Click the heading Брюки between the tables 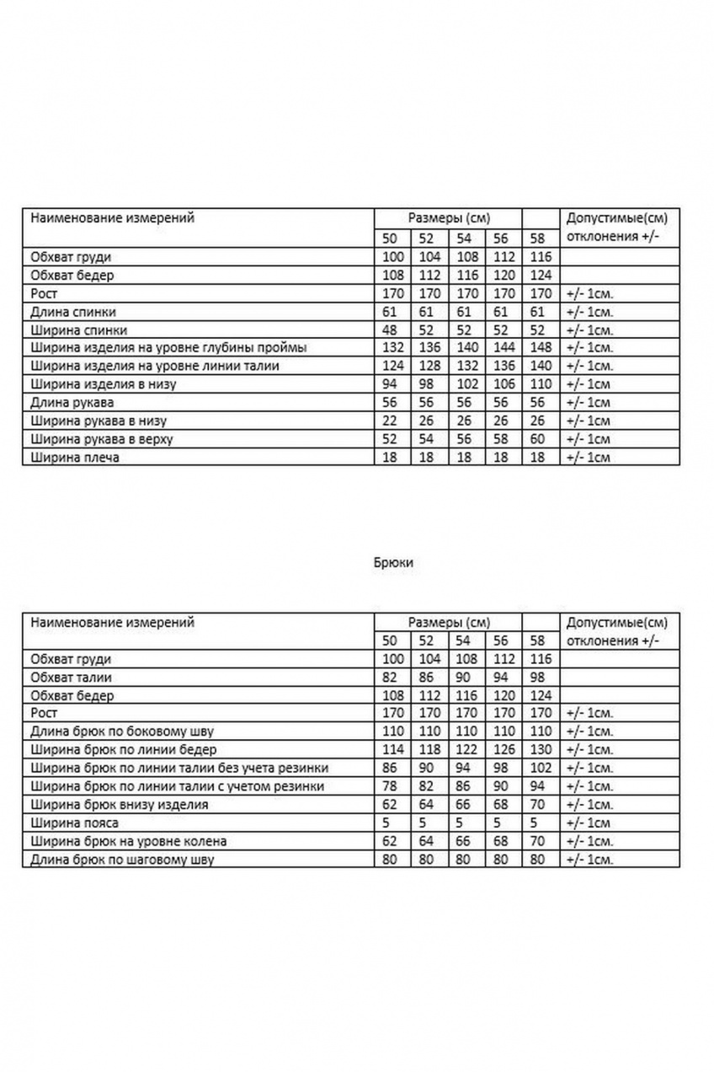click(392, 562)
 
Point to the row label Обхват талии click(71, 677)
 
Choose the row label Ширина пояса click(74, 823)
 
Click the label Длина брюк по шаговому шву click(121, 860)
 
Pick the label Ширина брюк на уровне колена click(128, 841)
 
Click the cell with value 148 click(540, 348)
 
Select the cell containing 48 click(392, 330)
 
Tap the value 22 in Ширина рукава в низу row click(392, 421)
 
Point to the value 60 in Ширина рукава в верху click(540, 440)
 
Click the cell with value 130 click(540, 750)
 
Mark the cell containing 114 click(392, 750)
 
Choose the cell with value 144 click(502, 348)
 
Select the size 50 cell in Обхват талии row click(392, 677)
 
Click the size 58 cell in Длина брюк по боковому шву click(540, 732)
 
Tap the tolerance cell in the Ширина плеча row click(588, 458)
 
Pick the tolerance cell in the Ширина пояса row click(588, 823)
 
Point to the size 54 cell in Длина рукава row click(466, 403)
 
